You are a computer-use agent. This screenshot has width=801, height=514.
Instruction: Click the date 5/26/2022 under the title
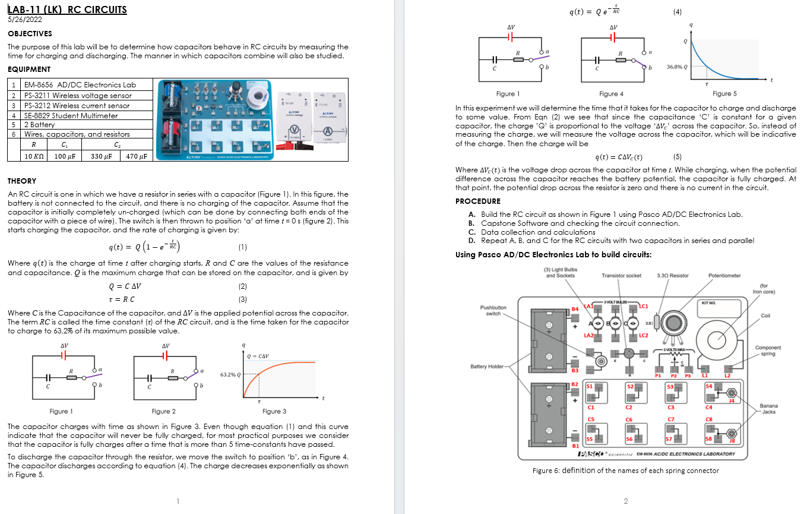[25, 20]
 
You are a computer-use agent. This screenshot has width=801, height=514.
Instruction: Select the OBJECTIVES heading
[30, 34]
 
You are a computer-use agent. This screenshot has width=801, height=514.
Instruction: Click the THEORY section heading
[22, 181]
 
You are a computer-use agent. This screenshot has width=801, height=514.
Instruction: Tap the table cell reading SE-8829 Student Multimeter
[71, 115]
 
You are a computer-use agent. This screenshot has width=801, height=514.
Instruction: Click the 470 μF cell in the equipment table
[137, 156]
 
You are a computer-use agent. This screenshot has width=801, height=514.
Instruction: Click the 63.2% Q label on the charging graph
[230, 375]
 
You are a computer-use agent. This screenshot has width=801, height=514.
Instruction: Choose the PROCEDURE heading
[477, 201]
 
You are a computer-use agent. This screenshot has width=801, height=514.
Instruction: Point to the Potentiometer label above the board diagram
[724, 275]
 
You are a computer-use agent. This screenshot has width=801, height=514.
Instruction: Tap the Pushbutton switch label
[493, 310]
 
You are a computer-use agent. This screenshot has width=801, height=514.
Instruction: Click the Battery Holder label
[487, 367]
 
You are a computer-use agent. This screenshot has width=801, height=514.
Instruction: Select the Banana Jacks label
[768, 409]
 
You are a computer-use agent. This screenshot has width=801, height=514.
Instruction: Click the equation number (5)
[677, 157]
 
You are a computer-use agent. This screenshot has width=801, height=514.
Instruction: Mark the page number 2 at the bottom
[626, 502]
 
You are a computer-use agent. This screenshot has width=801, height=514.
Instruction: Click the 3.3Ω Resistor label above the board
[673, 275]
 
